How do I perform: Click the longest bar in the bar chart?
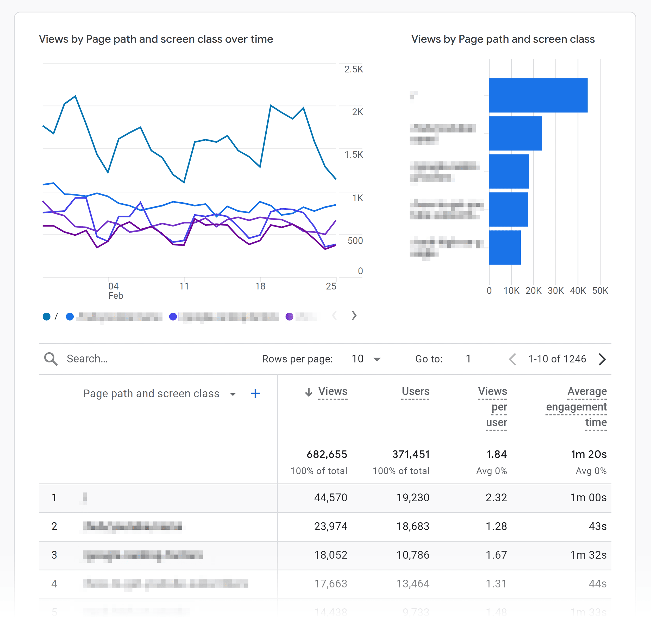[x=538, y=96]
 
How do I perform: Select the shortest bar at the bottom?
[x=505, y=248]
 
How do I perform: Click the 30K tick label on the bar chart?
[x=555, y=291]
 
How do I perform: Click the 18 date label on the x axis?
[x=260, y=286]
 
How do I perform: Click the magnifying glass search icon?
[x=51, y=359]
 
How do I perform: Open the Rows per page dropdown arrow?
[x=377, y=359]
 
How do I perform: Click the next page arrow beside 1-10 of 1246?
[x=602, y=359]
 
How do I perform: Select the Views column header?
[x=333, y=391]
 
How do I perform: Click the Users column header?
[x=415, y=391]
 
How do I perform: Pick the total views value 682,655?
[x=327, y=454]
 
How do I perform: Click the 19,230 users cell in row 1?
[x=413, y=497]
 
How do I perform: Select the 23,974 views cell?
[x=330, y=526]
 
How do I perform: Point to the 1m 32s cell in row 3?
[x=588, y=555]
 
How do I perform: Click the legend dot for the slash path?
[x=47, y=317]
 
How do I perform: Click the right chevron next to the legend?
[x=354, y=316]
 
